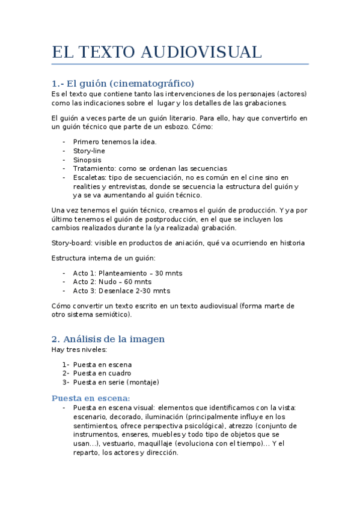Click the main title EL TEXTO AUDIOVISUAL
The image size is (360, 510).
tap(157, 52)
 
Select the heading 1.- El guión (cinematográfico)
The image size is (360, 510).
tap(123, 83)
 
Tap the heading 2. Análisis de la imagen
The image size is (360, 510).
tap(108, 339)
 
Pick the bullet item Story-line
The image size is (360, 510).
tap(89, 150)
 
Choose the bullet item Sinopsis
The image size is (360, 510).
tap(87, 159)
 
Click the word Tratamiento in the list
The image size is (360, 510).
tap(93, 168)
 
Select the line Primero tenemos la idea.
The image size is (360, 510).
tap(115, 141)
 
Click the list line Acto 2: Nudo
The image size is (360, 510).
tap(112, 281)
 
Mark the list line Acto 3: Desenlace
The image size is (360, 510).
tap(121, 290)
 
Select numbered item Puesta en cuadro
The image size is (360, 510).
tap(102, 373)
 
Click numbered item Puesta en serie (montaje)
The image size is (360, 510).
tap(116, 382)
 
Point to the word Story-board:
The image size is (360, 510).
tap(73, 242)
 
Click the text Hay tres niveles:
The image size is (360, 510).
tap(79, 349)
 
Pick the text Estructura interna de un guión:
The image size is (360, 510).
tap(103, 258)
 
